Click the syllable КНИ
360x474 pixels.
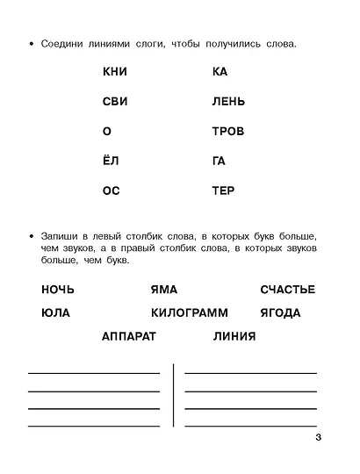coord(115,72)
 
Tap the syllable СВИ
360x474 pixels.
coord(115,102)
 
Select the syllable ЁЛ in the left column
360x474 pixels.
coord(112,161)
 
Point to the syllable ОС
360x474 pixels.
coord(112,190)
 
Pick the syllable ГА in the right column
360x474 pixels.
coord(220,161)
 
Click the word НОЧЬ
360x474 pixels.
coord(58,290)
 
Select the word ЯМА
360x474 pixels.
coord(165,290)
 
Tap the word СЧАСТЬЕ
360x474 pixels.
coord(287,290)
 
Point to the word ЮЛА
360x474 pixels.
coord(55,312)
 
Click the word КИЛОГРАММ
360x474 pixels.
coord(189,312)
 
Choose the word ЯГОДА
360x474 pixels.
coord(280,312)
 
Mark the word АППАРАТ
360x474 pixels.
coord(129,335)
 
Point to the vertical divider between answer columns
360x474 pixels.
coord(174,395)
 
